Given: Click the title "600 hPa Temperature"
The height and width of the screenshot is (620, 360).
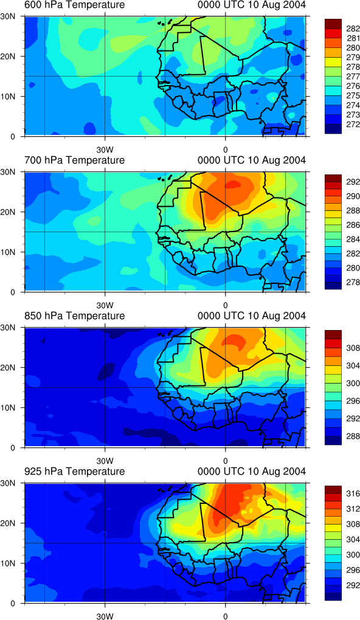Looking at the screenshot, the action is [x=74, y=5].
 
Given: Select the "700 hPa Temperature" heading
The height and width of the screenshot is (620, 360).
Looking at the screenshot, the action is [x=74, y=160].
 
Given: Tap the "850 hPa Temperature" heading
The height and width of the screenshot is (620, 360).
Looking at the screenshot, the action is [x=74, y=316].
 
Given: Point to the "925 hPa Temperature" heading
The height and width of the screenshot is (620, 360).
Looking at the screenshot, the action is [x=74, y=471].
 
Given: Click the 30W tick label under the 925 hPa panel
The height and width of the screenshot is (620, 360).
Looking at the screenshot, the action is [x=105, y=616].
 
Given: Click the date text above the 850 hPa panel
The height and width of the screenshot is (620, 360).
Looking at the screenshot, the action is [x=252, y=316].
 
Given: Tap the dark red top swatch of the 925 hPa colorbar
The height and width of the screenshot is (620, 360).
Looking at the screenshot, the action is [x=331, y=487].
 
